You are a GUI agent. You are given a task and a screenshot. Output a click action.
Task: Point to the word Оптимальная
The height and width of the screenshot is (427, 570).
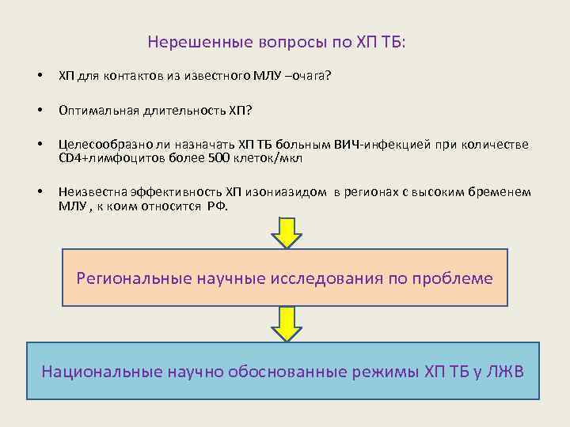99,110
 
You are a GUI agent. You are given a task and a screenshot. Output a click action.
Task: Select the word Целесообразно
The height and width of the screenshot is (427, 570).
102,145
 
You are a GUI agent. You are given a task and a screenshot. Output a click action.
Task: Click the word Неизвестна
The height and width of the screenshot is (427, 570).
91,192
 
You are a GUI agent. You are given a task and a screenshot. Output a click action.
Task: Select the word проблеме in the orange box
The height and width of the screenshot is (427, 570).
454,278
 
